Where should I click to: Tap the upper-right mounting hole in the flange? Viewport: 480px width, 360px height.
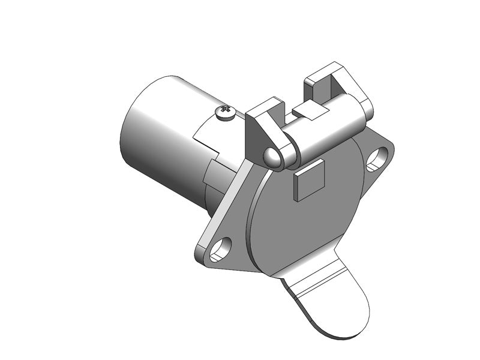coord(377,158)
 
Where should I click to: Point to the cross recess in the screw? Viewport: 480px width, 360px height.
coord(226,110)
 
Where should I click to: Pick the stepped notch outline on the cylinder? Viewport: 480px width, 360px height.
coord(204,135)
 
